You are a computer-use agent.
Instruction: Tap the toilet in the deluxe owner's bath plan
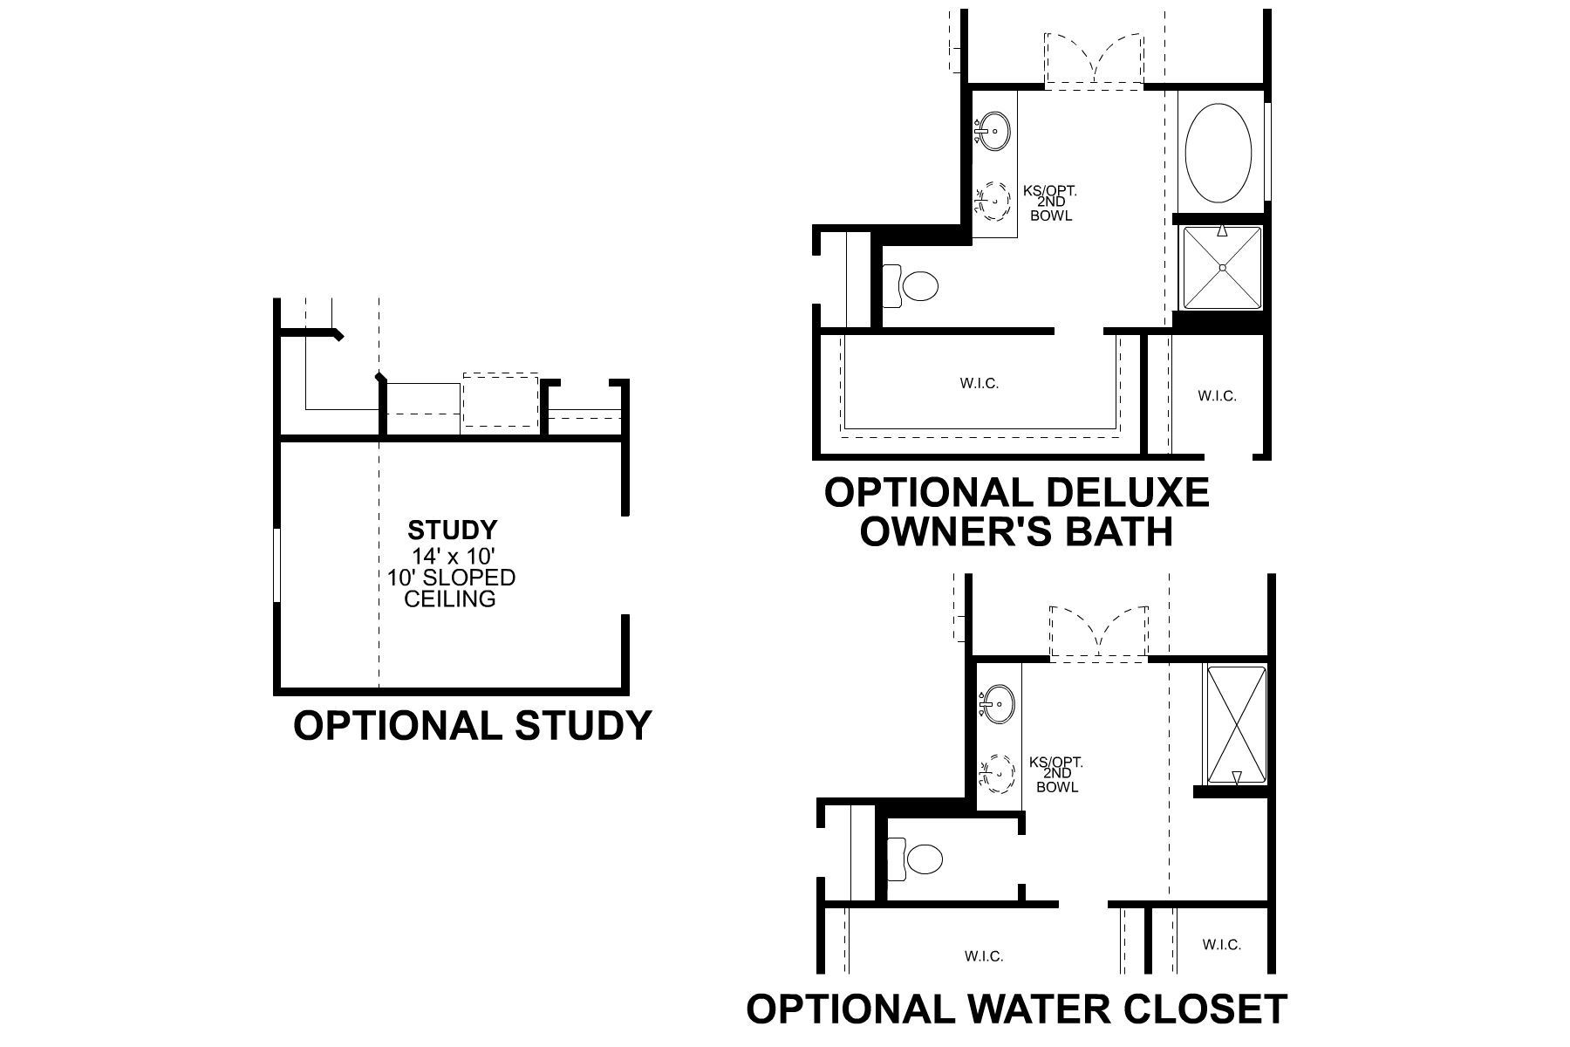911,285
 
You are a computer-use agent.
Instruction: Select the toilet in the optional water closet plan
918,859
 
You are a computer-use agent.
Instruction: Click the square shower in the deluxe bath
1221,267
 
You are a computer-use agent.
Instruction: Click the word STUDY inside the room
453,530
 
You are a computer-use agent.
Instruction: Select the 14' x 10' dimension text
454,555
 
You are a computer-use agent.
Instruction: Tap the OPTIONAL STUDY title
472,725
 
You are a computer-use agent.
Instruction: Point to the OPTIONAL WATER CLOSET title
1016,1009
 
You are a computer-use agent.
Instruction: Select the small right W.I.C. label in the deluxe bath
1216,396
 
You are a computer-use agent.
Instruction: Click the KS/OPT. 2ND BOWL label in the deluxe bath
1050,202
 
